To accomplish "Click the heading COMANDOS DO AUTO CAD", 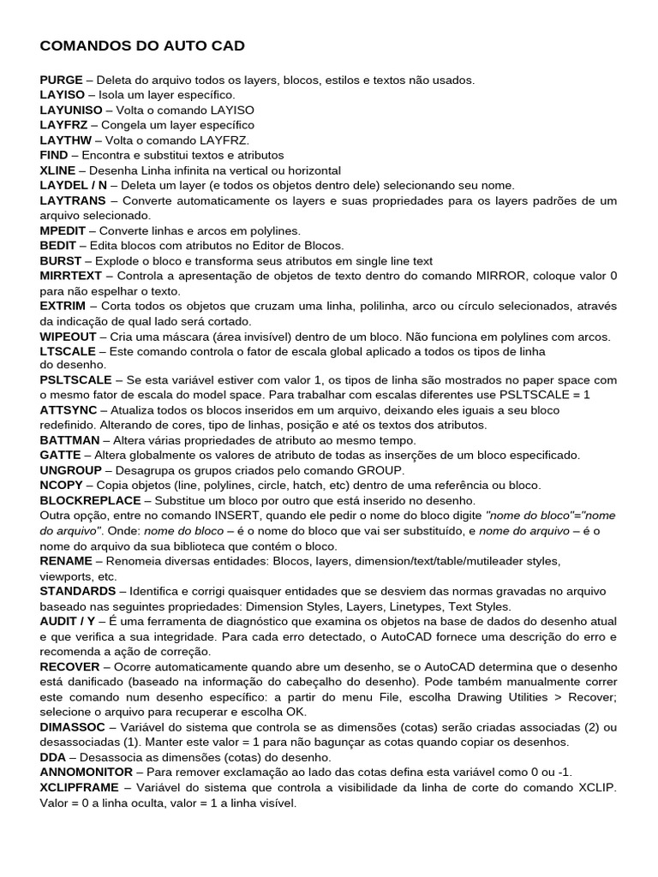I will (x=142, y=45).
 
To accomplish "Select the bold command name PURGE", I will (x=61, y=80).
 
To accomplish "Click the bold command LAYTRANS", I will (x=73, y=200).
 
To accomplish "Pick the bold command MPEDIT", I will (x=64, y=230).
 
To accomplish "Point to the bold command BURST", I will (x=61, y=260).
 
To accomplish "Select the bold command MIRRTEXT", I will (x=70, y=276).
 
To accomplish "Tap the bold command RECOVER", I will (x=69, y=665).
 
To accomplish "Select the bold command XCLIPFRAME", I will (x=78, y=787).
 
